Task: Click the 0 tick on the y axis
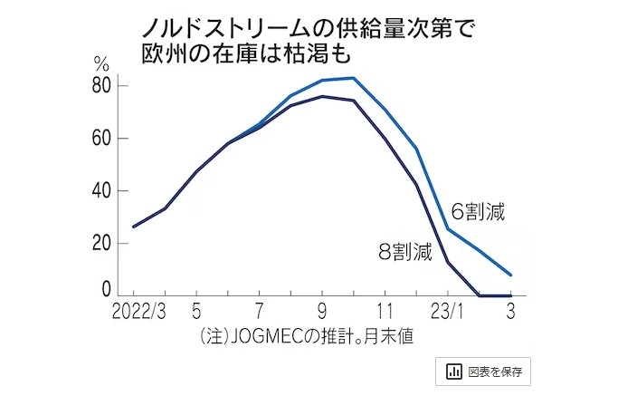(105, 290)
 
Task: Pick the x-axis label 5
(196, 312)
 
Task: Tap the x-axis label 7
(260, 312)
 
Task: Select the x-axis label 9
(322, 312)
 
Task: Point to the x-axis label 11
(385, 312)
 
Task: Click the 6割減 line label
(478, 214)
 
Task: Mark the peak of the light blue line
(353, 78)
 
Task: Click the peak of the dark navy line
(322, 96)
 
